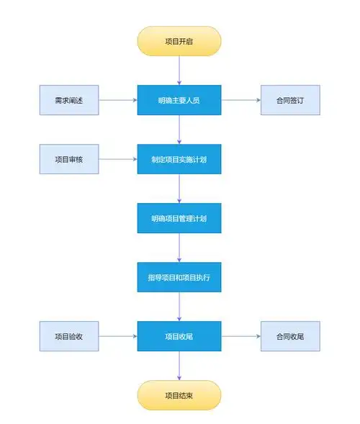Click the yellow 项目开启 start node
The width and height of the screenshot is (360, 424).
pyautogui.click(x=179, y=41)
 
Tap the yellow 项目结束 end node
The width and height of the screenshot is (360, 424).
pyautogui.click(x=179, y=395)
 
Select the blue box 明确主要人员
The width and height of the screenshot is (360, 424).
pyautogui.click(x=179, y=100)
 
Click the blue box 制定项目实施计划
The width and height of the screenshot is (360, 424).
pyautogui.click(x=179, y=159)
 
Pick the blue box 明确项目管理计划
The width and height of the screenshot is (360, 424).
pyautogui.click(x=179, y=218)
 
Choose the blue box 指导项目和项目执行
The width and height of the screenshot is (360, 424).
pyautogui.click(x=179, y=277)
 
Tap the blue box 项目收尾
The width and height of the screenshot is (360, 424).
pyautogui.click(x=179, y=336)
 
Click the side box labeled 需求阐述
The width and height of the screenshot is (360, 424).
pyautogui.click(x=68, y=100)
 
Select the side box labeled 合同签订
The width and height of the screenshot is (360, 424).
pyautogui.click(x=289, y=100)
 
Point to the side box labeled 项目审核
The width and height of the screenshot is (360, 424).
pyautogui.click(x=68, y=159)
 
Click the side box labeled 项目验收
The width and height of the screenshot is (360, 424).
pyautogui.click(x=68, y=336)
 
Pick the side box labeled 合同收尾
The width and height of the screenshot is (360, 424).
pyautogui.click(x=289, y=336)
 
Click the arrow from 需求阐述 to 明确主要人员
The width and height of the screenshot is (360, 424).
pyautogui.click(x=117, y=100)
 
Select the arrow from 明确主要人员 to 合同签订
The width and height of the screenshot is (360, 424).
pyautogui.click(x=240, y=100)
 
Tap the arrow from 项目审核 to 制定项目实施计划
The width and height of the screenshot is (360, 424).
pyautogui.click(x=117, y=159)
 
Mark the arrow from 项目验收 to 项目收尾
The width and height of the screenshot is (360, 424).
pyautogui.click(x=117, y=336)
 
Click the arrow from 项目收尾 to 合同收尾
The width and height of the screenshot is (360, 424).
pyautogui.click(x=240, y=336)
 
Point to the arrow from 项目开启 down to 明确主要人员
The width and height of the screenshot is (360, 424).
pyautogui.click(x=179, y=71)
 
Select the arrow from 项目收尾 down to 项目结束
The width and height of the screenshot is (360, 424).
pyautogui.click(x=179, y=366)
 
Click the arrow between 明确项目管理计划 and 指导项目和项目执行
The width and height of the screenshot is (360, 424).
pyautogui.click(x=179, y=248)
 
